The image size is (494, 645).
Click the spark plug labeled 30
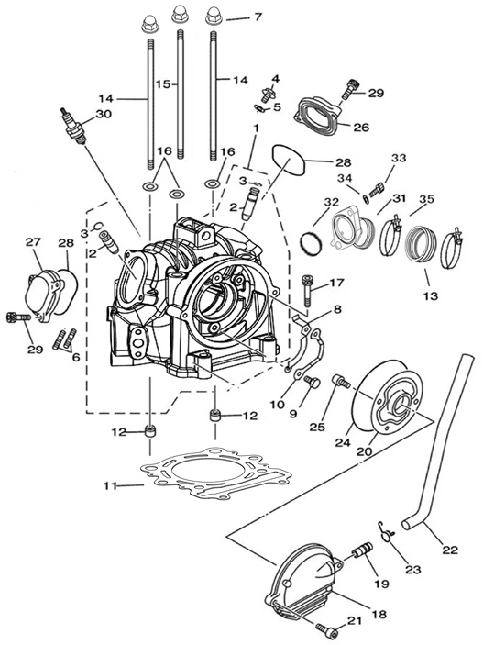pyautogui.click(x=73, y=127)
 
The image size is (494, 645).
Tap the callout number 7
pyautogui.click(x=258, y=17)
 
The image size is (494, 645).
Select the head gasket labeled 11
pyautogui.click(x=215, y=474)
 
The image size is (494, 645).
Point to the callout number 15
pyautogui.click(x=163, y=83)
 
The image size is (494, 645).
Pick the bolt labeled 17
pyautogui.click(x=307, y=291)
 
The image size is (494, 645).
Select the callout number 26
pyautogui.click(x=361, y=128)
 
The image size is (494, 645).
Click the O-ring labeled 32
pyautogui.click(x=311, y=244)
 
